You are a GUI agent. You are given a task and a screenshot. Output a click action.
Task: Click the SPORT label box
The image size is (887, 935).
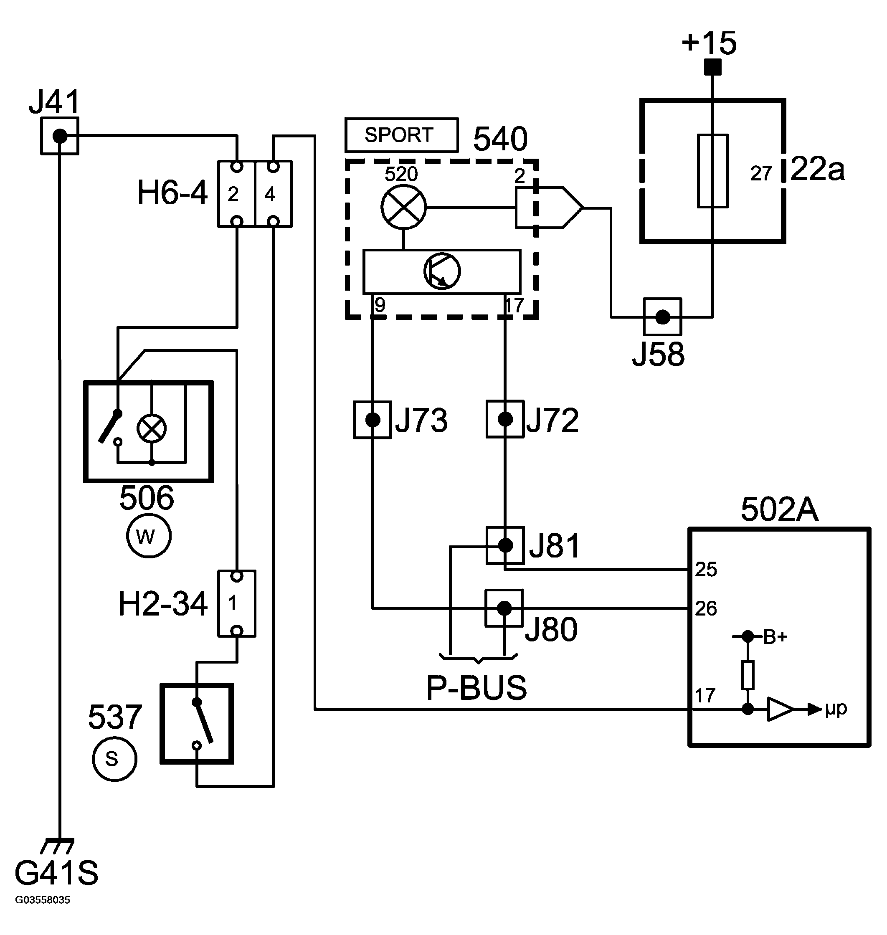pyautogui.click(x=401, y=135)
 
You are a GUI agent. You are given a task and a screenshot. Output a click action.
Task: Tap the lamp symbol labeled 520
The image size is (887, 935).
pyautogui.click(x=403, y=207)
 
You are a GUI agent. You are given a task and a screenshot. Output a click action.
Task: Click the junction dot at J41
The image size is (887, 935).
pyautogui.click(x=60, y=136)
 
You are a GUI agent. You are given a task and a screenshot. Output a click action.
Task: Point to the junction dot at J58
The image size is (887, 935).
pyautogui.click(x=662, y=317)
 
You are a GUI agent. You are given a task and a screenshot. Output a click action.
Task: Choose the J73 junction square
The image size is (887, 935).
pyautogui.click(x=373, y=419)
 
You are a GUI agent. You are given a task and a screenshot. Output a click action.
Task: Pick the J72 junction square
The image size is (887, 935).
pyautogui.click(x=505, y=419)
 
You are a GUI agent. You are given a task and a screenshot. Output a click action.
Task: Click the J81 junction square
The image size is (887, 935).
pyautogui.click(x=505, y=545)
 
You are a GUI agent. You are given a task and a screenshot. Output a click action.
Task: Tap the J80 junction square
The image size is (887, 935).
pyautogui.click(x=504, y=608)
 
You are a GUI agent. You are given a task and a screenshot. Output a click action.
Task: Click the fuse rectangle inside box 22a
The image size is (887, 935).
pyautogui.click(x=712, y=171)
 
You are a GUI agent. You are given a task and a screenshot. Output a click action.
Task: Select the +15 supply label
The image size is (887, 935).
pyautogui.click(x=709, y=43)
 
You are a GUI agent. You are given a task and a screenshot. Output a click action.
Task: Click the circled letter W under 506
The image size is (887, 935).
pyautogui.click(x=149, y=536)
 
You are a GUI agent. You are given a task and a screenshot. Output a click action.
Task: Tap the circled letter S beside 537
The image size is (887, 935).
pyautogui.click(x=114, y=759)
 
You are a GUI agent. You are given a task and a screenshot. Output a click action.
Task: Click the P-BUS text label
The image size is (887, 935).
pyautogui.click(x=476, y=688)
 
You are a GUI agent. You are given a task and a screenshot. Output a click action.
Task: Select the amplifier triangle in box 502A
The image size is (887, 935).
pyautogui.click(x=781, y=709)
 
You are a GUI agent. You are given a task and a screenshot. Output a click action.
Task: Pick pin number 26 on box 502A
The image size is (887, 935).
pyautogui.click(x=706, y=608)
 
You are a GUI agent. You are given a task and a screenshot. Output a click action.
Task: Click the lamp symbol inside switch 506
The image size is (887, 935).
pyautogui.click(x=151, y=429)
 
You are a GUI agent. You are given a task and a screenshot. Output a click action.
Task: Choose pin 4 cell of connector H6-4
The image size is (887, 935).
pyautogui.click(x=273, y=194)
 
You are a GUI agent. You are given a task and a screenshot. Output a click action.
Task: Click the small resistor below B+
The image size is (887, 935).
pyautogui.click(x=748, y=675)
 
